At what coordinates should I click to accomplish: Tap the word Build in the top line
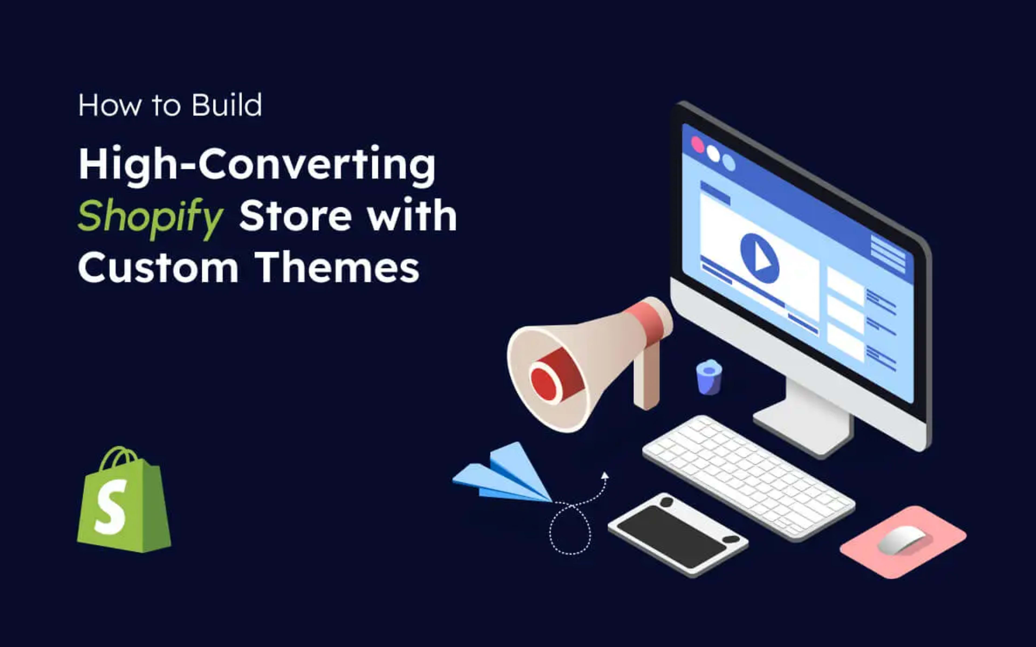tap(226, 105)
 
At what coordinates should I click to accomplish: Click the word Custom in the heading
tap(158, 267)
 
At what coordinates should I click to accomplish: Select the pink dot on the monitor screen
tap(698, 145)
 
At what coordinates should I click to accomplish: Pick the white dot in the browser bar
tap(713, 153)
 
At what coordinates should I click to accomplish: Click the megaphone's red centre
tap(543, 384)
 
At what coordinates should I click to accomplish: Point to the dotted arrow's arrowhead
tap(605, 475)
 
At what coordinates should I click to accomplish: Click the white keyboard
tap(749, 477)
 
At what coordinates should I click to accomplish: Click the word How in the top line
tap(109, 105)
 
